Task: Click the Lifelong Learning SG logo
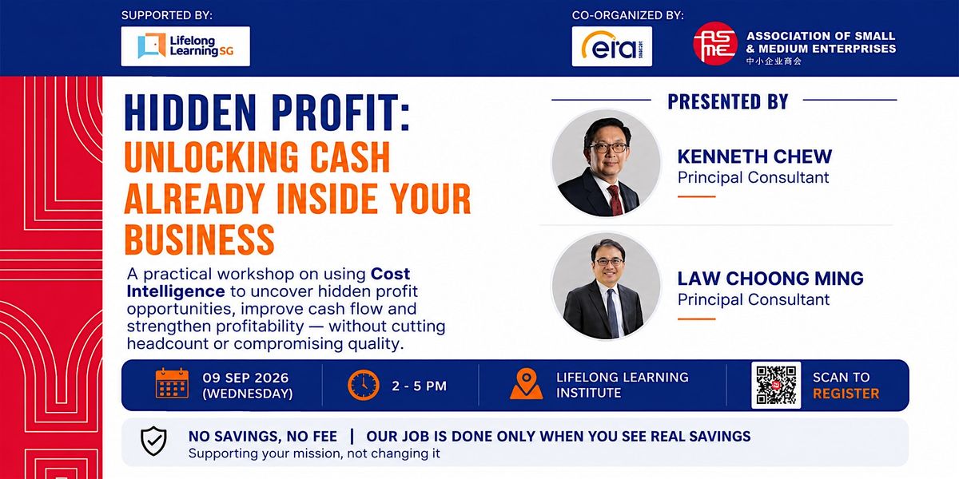(185, 46)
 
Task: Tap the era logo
(612, 46)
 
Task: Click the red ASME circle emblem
(715, 44)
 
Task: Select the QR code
(776, 385)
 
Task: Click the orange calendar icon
(172, 383)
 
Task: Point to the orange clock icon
(364, 385)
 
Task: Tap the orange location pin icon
(526, 384)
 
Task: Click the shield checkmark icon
(153, 441)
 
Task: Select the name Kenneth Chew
(754, 156)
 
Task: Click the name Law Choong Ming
(770, 279)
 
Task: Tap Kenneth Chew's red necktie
(615, 200)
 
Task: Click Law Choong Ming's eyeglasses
(610, 261)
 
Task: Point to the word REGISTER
(846, 394)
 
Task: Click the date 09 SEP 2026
(245, 378)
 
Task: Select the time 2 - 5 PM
(419, 386)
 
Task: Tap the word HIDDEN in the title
(190, 113)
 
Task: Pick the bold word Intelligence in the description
(176, 291)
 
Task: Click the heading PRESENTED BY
(728, 102)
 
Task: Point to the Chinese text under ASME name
(774, 61)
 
